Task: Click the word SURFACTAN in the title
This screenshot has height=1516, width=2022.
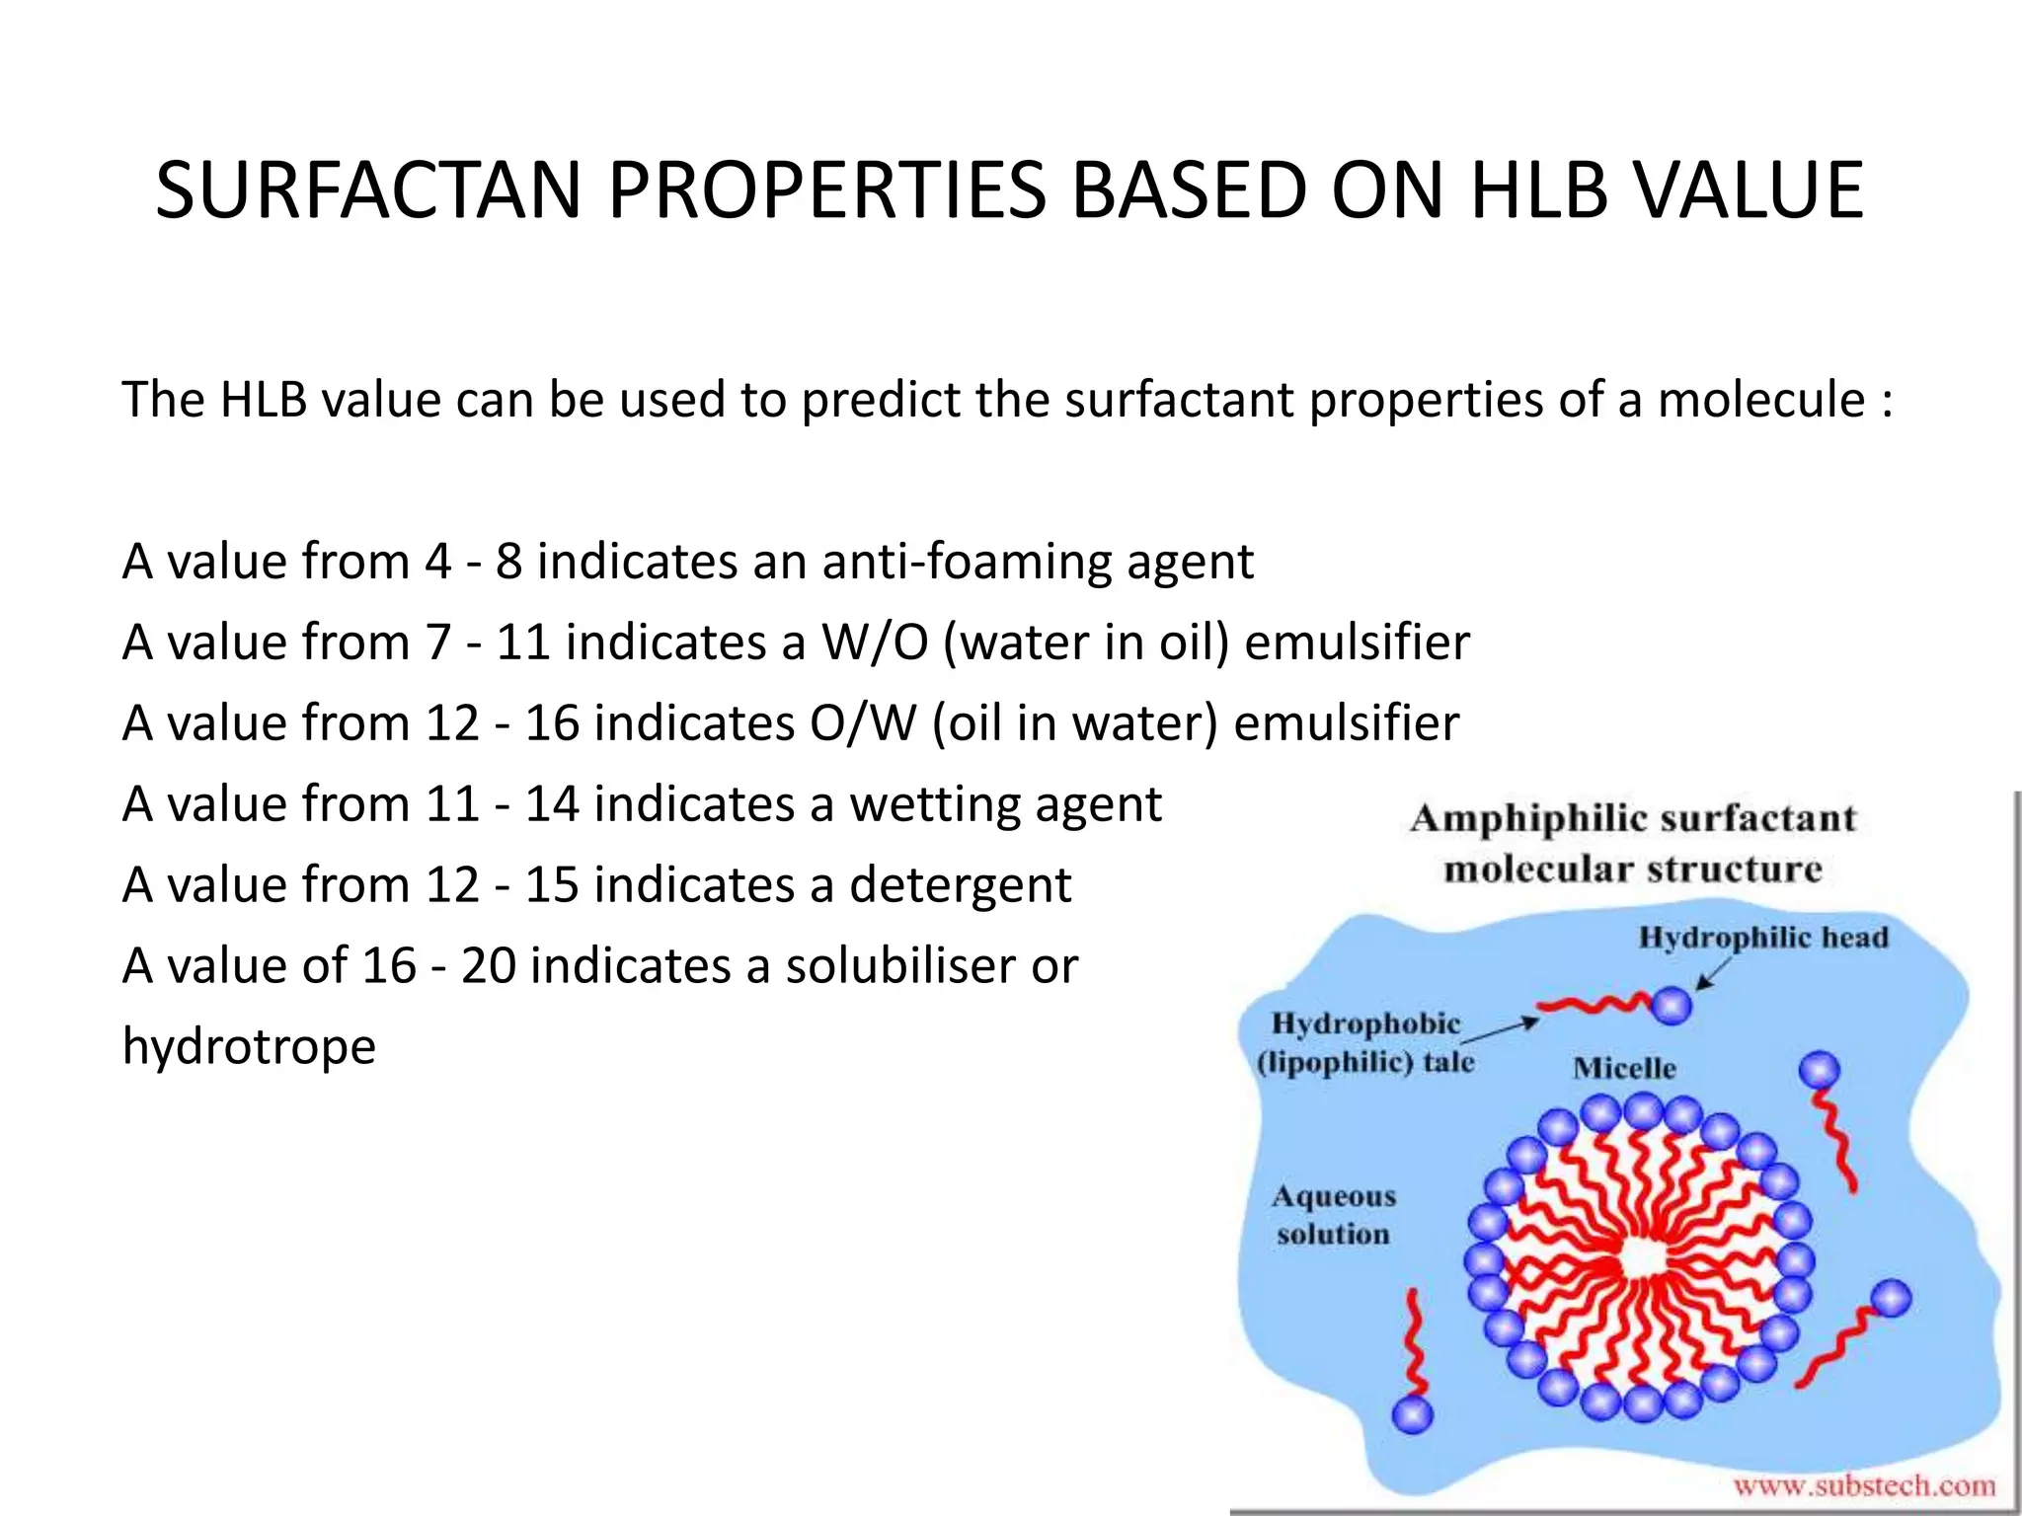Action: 368,190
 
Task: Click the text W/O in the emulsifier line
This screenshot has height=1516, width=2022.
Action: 875,643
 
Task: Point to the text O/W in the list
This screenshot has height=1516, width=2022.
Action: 864,723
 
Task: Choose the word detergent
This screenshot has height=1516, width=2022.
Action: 960,885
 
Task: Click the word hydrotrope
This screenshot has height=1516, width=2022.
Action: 249,1047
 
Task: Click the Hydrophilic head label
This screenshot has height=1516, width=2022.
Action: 1762,938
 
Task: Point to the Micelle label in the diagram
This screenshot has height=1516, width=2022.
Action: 1624,1068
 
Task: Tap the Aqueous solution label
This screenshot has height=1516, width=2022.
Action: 1333,1215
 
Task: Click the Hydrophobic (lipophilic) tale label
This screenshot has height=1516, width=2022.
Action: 1365,1042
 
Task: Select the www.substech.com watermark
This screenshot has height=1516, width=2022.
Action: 1863,1485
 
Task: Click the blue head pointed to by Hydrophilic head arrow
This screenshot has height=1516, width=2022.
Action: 1672,1006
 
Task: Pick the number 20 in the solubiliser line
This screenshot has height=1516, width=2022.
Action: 488,966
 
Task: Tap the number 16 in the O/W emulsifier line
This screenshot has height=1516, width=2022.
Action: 551,723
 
